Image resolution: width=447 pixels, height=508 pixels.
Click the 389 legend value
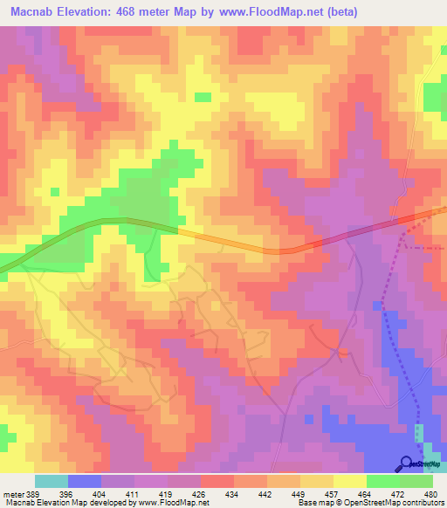(x=33, y=494)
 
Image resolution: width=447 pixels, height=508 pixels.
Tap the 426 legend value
(x=200, y=494)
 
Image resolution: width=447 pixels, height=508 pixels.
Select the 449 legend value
(x=299, y=494)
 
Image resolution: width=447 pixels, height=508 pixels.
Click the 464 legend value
(x=365, y=494)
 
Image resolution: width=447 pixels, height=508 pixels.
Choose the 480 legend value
(x=430, y=494)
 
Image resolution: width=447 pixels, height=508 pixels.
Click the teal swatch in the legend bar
(x=52, y=481)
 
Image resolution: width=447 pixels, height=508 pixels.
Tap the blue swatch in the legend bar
(x=85, y=481)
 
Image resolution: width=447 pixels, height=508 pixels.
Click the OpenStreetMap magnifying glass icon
(x=406, y=463)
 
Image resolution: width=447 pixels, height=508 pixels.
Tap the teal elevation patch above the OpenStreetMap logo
(x=418, y=434)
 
